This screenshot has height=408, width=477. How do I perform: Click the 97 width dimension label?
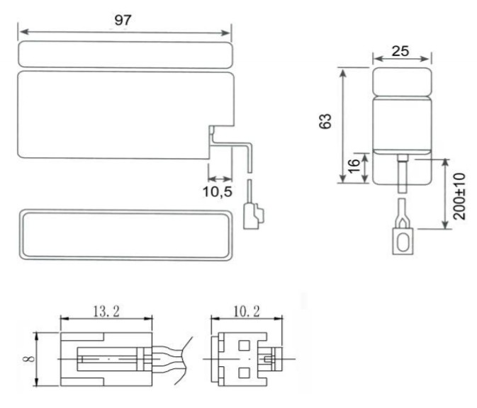124,20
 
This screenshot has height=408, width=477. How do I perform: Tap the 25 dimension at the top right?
402,51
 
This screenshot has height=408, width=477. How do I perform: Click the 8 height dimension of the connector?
26,359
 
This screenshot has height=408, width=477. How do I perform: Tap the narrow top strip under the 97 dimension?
125,53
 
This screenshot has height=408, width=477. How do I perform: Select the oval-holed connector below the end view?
401,240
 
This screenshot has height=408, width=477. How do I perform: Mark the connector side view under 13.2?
106,359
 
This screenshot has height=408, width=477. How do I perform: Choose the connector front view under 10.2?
245,359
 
